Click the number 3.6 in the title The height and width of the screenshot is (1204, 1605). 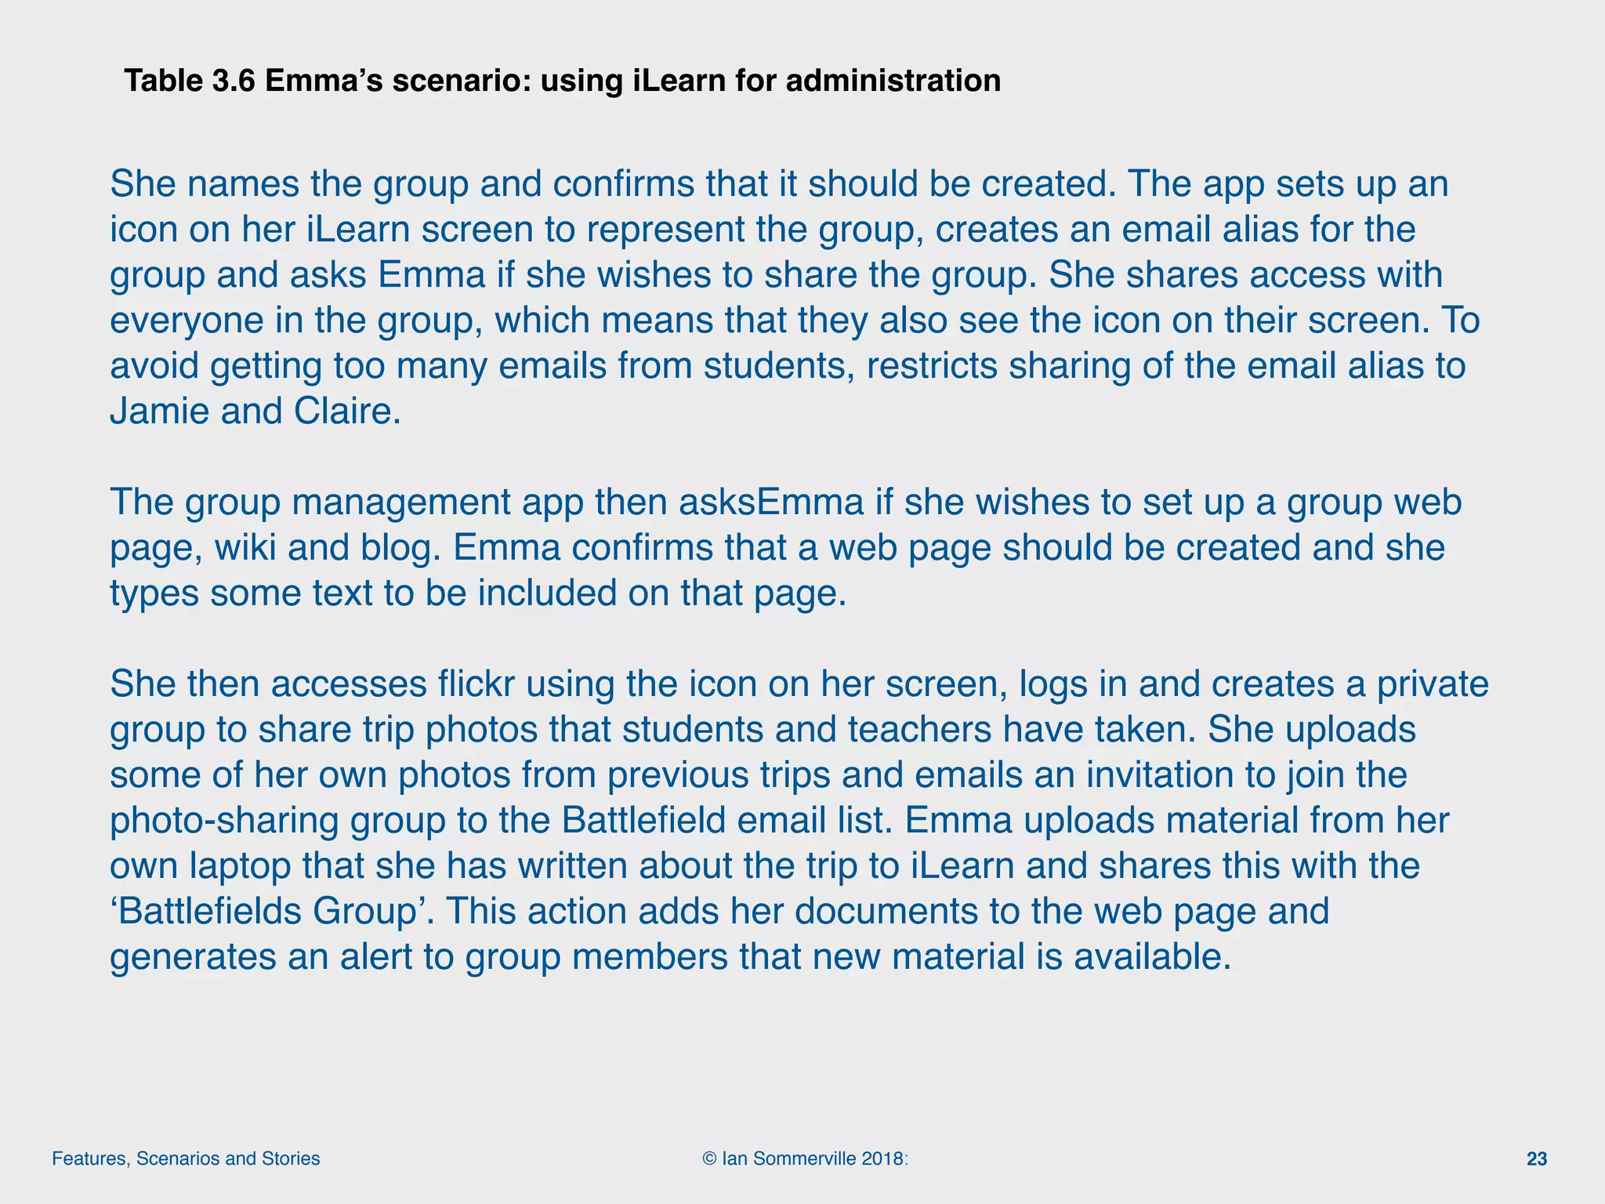(x=233, y=81)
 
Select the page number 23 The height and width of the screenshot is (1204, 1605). (x=1537, y=1159)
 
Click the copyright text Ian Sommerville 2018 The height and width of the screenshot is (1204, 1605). (x=806, y=1159)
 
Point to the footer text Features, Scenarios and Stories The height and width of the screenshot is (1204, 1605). (x=186, y=1159)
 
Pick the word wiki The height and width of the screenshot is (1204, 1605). (x=245, y=547)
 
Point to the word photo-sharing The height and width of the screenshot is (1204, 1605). (x=223, y=820)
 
